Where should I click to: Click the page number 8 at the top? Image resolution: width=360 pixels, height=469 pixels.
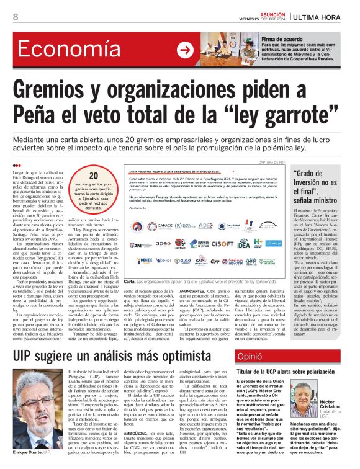[x=15, y=17]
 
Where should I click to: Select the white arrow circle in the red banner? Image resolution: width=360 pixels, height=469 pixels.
[x=185, y=50]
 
